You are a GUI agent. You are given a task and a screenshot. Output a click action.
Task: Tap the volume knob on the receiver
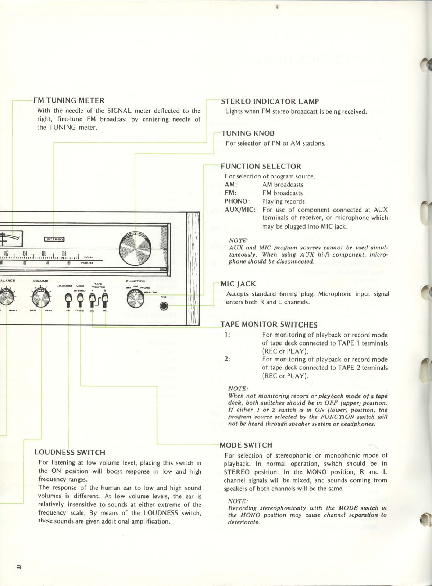pyautogui.click(x=41, y=298)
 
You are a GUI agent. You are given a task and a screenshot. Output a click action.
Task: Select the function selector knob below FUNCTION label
pyautogui.click(x=136, y=299)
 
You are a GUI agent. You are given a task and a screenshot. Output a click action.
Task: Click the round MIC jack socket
pyautogui.click(x=164, y=305)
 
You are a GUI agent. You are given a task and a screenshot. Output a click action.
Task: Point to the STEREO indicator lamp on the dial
pyautogui.click(x=54, y=239)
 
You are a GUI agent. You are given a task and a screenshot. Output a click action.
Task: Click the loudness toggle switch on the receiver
pyautogui.click(x=68, y=300)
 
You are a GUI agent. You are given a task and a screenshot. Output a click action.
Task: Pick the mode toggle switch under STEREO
pyautogui.click(x=80, y=300)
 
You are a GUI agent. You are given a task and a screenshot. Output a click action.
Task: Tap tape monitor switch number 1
pyautogui.click(x=93, y=300)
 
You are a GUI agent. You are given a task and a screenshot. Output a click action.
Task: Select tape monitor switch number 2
pyautogui.click(x=105, y=300)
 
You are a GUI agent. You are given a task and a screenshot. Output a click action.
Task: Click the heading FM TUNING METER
pyautogui.click(x=69, y=100)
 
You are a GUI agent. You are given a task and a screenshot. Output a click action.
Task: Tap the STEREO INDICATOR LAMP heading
pyautogui.click(x=269, y=101)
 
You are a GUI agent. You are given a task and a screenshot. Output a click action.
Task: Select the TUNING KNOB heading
pyautogui.click(x=247, y=133)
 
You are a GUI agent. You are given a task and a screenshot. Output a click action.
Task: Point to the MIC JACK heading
pyautogui.click(x=238, y=284)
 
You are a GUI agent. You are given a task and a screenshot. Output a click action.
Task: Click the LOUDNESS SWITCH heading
pyautogui.click(x=69, y=452)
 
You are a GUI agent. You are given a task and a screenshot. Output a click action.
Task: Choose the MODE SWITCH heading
pyautogui.click(x=246, y=445)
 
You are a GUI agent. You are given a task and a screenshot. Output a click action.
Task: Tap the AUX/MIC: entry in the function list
pyautogui.click(x=240, y=210)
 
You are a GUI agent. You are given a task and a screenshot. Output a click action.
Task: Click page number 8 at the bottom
pyautogui.click(x=18, y=567)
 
